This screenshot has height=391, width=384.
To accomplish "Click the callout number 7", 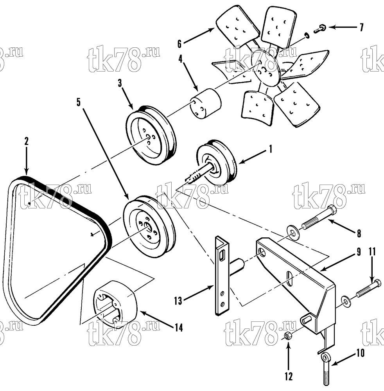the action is coord(361,27).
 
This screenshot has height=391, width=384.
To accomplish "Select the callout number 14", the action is coord(179,327).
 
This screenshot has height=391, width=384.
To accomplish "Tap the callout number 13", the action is coord(178,301).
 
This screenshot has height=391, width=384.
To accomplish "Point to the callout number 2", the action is coord(26,142).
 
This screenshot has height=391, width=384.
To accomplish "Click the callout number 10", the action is coord(361,353).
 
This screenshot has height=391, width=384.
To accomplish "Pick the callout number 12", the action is coord(289,376).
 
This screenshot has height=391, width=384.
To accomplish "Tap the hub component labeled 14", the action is coord(115,303).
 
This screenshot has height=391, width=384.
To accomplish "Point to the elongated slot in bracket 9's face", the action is coord(290,278).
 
